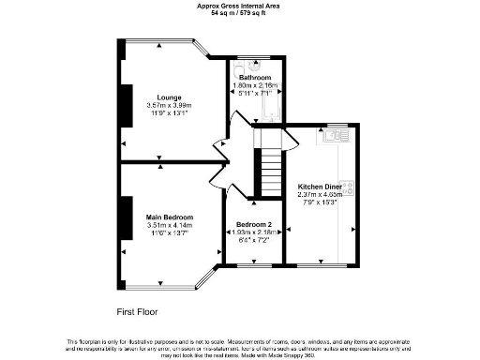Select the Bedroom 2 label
(x=253, y=226)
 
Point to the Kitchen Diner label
(x=321, y=186)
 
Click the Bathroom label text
(x=253, y=77)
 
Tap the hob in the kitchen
(x=348, y=188)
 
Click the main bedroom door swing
(x=219, y=174)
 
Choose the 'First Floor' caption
(x=136, y=309)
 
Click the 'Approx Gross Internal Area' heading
(x=239, y=6)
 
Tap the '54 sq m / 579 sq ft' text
(x=239, y=14)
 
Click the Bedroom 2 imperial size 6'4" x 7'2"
(x=253, y=242)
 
